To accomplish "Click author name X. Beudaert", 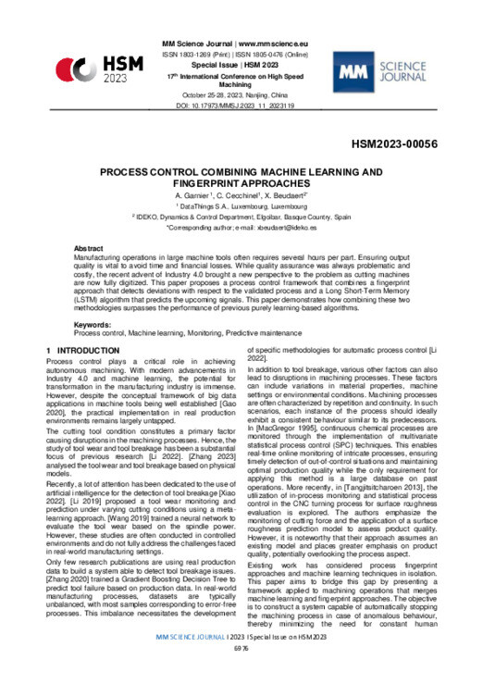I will coord(282,197).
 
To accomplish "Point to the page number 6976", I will coord(241,674).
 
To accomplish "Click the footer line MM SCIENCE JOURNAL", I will coord(241,663).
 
